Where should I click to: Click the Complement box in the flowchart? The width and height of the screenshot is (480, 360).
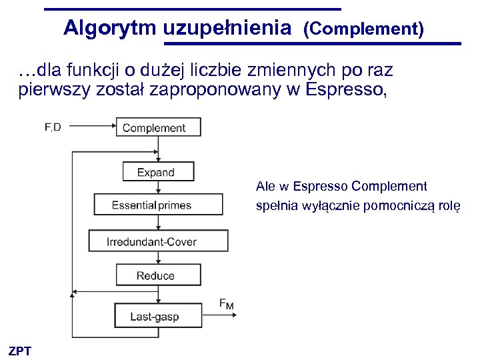coord(159,127)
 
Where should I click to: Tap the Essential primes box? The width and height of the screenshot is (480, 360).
coord(158,205)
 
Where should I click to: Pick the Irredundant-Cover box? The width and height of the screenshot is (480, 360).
coord(158,241)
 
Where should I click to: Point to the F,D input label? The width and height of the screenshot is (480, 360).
coord(53,126)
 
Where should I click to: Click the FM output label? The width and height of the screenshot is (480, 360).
coord(227,304)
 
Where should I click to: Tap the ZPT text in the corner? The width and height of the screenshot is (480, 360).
coord(20,351)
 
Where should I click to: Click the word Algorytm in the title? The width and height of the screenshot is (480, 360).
coord(110,28)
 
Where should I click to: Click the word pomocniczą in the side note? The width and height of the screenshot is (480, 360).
coord(399,206)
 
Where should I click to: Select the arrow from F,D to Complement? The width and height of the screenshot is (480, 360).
coord(89,127)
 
